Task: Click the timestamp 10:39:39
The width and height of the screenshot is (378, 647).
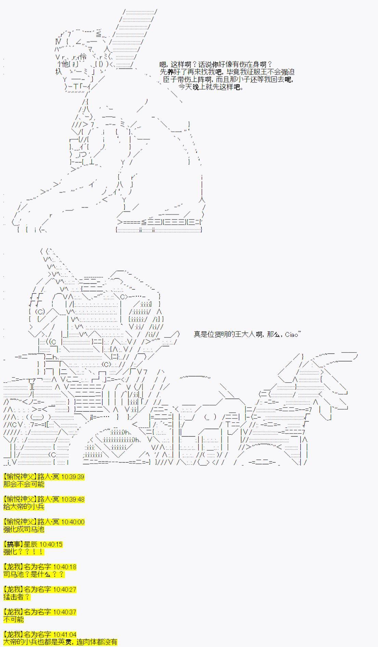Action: tap(72, 477)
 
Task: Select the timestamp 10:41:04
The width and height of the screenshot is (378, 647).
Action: tap(65, 635)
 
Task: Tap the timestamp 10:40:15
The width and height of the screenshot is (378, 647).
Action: tap(51, 544)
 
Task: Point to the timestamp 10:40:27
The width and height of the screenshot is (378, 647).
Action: tap(65, 590)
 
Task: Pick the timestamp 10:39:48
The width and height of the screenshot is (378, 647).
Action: tap(72, 499)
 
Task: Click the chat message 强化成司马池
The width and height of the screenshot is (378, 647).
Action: tap(24, 529)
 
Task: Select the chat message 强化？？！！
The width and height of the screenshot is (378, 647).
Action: tap(24, 552)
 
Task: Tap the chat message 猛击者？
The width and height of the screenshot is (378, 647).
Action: tap(17, 597)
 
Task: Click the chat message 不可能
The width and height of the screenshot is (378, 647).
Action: tap(14, 620)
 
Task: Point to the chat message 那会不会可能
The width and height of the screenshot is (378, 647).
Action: tap(24, 484)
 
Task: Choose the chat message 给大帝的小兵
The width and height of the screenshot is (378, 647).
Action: tap(24, 507)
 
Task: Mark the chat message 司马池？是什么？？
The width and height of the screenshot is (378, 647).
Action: tap(34, 575)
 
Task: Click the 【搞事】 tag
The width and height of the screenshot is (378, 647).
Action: tap(13, 544)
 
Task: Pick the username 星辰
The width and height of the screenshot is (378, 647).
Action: tap(31, 544)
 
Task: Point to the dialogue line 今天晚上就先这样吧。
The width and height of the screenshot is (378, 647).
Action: tap(211, 87)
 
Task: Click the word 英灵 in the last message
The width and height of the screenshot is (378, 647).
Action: tap(65, 642)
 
